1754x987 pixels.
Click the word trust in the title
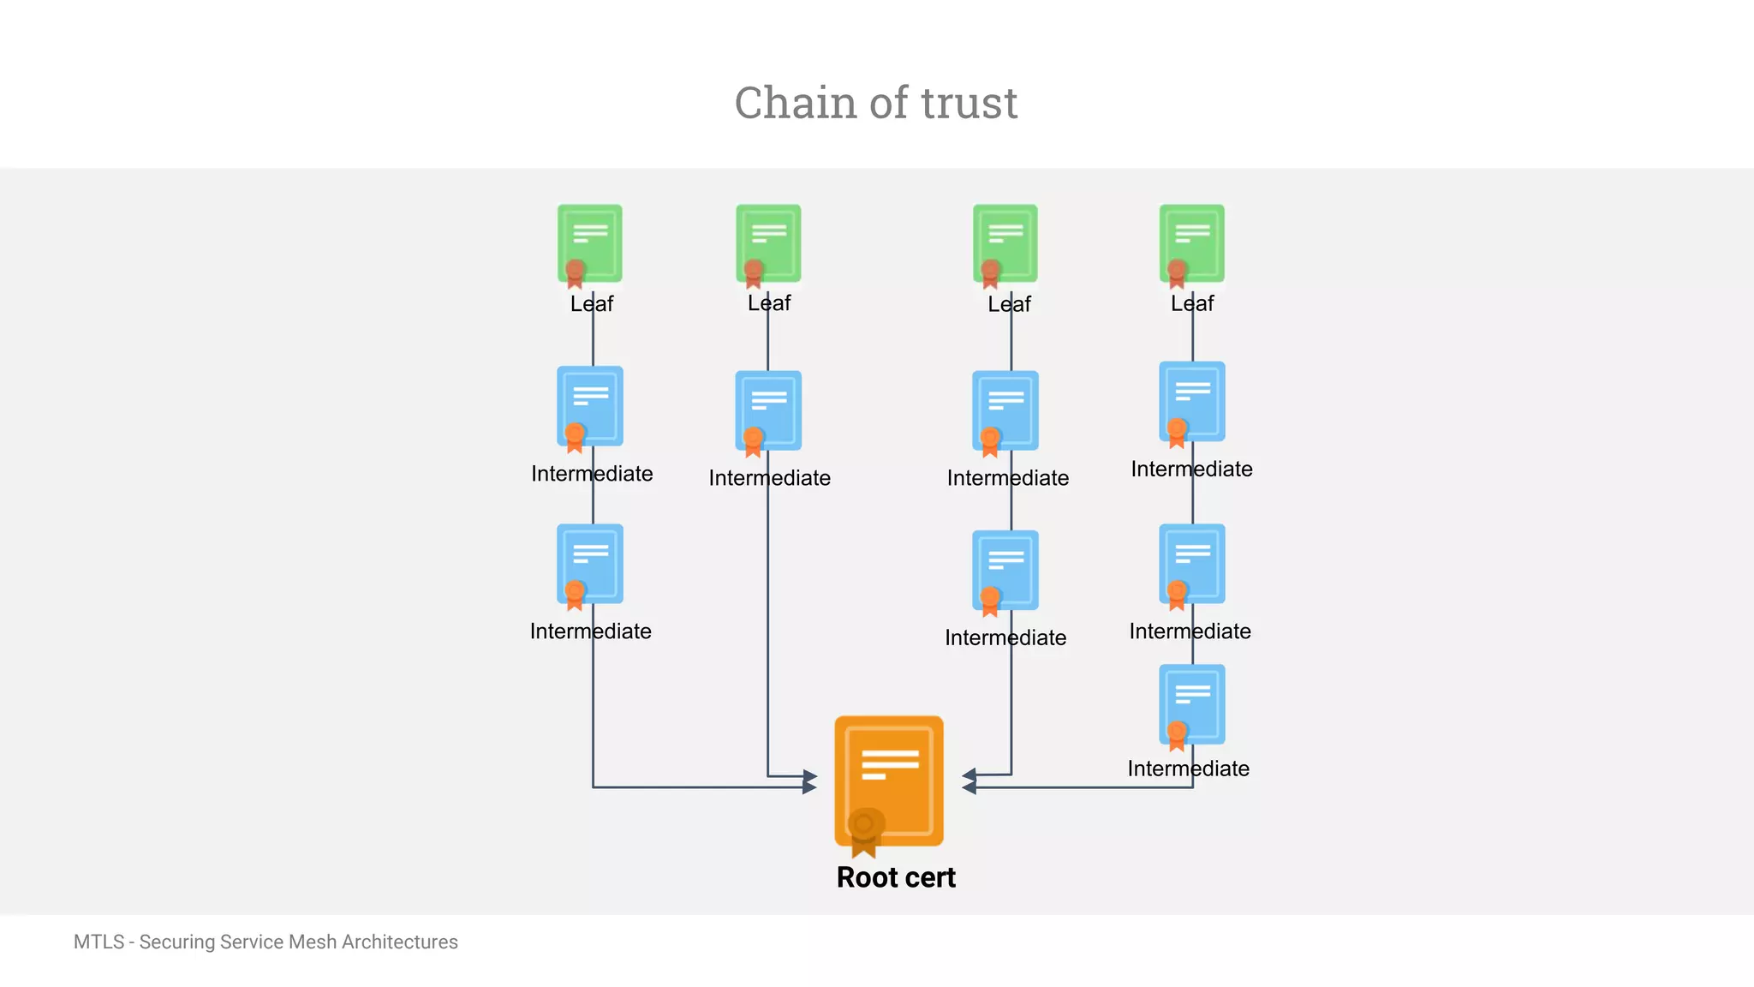tap(969, 104)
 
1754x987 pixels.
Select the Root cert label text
tap(895, 877)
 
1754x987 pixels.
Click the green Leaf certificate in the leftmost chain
tap(590, 243)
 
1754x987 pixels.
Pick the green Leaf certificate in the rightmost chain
tap(1191, 243)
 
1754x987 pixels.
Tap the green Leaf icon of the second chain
tap(768, 243)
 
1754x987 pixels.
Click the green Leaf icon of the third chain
tap(1005, 243)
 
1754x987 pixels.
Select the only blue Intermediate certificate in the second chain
tap(768, 410)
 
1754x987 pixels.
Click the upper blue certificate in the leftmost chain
tap(590, 406)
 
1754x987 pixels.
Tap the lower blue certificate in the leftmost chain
tap(590, 564)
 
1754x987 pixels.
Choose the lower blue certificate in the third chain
tap(1005, 570)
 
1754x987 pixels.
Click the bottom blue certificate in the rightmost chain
tap(1191, 704)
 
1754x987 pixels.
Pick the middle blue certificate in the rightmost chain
tap(1191, 564)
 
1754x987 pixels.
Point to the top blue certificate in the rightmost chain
tap(1191, 401)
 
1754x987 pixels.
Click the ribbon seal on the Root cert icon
tap(864, 829)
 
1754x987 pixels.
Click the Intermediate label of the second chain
tap(769, 478)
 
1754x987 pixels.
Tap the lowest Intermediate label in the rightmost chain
tap(1188, 769)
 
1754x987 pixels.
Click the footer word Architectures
tap(399, 942)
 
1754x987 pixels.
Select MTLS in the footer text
tap(98, 942)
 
